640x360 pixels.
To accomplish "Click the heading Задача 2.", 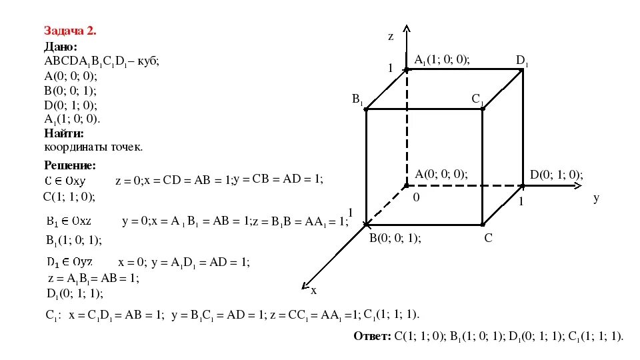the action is pyautogui.click(x=70, y=31).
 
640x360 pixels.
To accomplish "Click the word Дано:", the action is pyautogui.click(x=61, y=47).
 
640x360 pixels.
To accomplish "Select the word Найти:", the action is pyautogui.click(x=64, y=133).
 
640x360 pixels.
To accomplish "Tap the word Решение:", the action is pyautogui.click(x=70, y=165).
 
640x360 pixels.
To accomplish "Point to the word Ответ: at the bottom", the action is pyautogui.click(x=372, y=337).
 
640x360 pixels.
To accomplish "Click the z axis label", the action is pyautogui.click(x=391, y=37).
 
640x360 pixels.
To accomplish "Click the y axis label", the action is pyautogui.click(x=596, y=198).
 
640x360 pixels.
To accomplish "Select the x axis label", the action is pyautogui.click(x=313, y=290).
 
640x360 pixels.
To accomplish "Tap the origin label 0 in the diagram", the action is pyautogui.click(x=416, y=198).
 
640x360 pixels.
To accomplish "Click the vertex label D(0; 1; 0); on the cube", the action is pyautogui.click(x=556, y=175).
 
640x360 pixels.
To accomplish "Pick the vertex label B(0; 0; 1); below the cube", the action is pyautogui.click(x=395, y=238).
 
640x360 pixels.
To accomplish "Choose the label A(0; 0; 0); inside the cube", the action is pyautogui.click(x=441, y=175).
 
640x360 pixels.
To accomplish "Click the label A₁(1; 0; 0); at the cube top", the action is pyautogui.click(x=442, y=60).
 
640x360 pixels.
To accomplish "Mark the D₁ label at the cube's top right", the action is pyautogui.click(x=522, y=61).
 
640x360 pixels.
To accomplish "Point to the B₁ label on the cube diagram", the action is pyautogui.click(x=357, y=99).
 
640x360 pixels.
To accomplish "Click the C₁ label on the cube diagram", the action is pyautogui.click(x=477, y=99).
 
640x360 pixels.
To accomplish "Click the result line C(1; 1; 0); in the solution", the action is pyautogui.click(x=69, y=196).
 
